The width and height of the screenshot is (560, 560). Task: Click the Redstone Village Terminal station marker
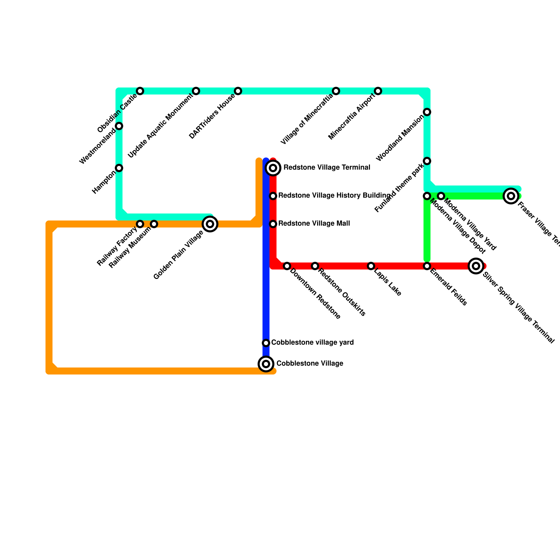tap(273, 168)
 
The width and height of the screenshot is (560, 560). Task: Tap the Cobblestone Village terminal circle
tap(266, 364)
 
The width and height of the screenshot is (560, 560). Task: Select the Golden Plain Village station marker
tap(210, 224)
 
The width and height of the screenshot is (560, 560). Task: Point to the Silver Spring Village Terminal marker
tap(476, 266)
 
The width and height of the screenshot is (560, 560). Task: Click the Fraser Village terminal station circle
tap(511, 196)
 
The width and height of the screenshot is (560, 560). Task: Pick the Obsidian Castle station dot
tap(140, 91)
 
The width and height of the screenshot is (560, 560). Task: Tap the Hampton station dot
tap(119, 168)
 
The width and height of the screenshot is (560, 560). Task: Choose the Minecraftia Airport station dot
tap(378, 91)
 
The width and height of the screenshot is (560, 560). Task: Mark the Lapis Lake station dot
tap(371, 266)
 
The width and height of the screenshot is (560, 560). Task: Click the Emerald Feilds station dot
tap(427, 266)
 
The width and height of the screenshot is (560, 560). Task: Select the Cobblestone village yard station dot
tap(266, 343)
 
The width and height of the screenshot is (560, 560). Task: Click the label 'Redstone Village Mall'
tap(314, 224)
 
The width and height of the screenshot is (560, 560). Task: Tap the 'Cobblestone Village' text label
tap(310, 364)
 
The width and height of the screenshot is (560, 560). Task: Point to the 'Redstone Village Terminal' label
tap(327, 168)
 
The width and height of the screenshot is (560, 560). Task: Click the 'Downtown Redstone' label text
tap(315, 294)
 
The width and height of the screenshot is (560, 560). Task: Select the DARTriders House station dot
tap(238, 91)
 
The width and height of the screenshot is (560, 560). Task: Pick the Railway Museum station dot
tap(154, 224)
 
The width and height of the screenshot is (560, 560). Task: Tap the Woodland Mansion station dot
tap(427, 112)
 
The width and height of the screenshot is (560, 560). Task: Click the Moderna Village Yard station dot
tap(441, 196)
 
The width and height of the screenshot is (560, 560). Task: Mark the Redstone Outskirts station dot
tap(315, 266)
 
